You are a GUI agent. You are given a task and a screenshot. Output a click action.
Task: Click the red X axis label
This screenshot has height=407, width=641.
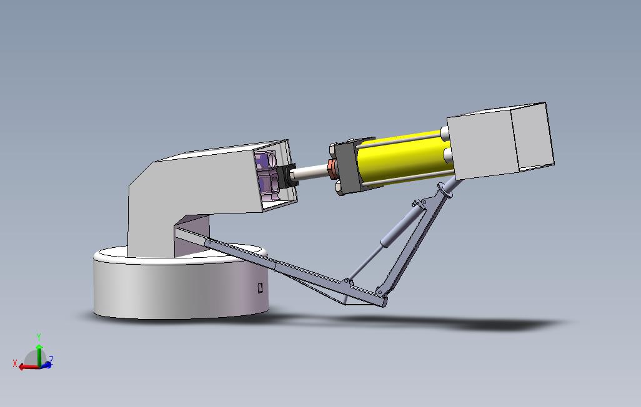pos(15,363)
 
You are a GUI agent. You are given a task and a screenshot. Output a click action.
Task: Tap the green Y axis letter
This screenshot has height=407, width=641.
pos(39,337)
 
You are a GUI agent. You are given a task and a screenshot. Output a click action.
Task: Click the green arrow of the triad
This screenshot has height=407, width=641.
pos(39,355)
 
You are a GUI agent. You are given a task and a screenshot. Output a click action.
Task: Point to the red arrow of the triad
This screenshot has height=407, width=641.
pos(29,366)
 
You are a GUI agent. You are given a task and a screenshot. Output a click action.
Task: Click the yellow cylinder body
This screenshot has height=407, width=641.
pos(404,157)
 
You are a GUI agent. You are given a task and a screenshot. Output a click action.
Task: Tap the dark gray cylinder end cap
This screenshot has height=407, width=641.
pos(347,167)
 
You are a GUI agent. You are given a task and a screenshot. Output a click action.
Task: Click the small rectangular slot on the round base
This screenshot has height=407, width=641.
pos(261,288)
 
